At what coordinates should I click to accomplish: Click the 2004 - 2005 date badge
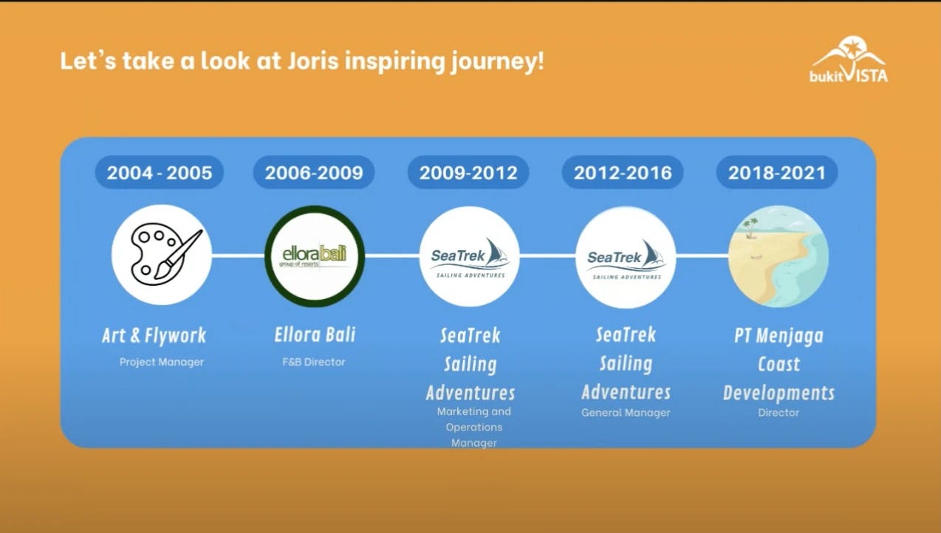160,172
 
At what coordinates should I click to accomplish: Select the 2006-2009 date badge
314,172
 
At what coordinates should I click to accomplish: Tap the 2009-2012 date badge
468,172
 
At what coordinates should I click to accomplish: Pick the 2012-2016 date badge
623,172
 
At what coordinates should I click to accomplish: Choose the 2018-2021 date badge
777,172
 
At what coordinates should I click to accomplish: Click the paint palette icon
162,255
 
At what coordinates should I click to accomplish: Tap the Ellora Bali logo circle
315,256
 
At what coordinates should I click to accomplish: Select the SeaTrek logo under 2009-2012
470,256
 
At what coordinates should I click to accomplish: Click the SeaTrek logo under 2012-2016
626,257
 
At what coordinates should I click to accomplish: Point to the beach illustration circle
779,256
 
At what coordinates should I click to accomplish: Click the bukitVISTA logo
849,59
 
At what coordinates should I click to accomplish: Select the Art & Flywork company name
154,336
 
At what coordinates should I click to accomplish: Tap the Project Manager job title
161,362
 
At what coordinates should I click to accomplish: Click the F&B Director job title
314,362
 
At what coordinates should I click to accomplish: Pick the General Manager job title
626,413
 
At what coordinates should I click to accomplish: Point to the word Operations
474,427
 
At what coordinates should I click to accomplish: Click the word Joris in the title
313,61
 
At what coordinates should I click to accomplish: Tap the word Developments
779,393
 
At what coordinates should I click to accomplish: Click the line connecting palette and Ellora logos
239,255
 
